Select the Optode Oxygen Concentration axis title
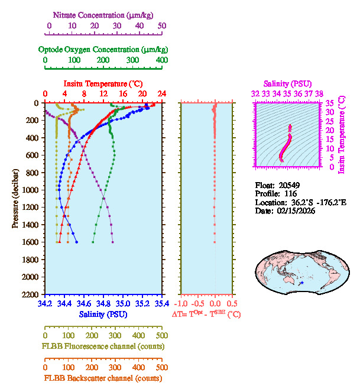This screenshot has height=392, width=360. pyautogui.click(x=103, y=48)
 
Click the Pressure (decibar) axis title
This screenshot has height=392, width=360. pyautogui.click(x=15, y=198)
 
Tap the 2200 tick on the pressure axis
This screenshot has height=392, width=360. pyautogui.click(x=31, y=294)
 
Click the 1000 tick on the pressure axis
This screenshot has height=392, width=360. pyautogui.click(x=31, y=190)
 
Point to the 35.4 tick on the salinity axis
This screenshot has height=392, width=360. pyautogui.click(x=160, y=304)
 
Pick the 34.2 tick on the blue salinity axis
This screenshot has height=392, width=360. pyautogui.click(x=45, y=304)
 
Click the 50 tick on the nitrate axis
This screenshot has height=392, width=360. pyautogui.click(x=162, y=26)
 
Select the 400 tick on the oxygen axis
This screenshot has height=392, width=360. pyautogui.click(x=161, y=60)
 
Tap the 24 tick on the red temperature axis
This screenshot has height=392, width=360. pyautogui.click(x=161, y=94)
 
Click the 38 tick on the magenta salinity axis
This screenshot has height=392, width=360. pyautogui.click(x=319, y=93)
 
